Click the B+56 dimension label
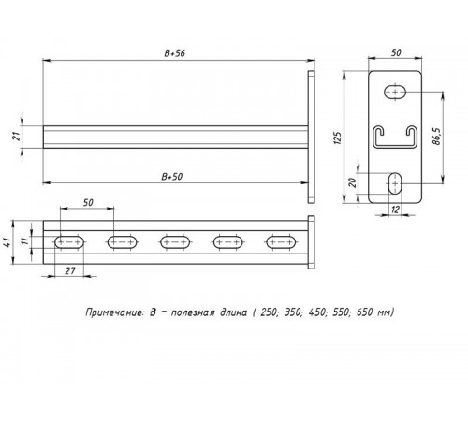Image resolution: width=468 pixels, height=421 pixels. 174,55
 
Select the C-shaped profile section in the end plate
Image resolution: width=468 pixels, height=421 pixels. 394,138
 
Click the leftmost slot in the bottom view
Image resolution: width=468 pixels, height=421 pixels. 70,242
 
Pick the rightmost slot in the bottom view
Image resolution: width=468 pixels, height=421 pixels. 280,242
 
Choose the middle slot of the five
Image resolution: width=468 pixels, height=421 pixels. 175,242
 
